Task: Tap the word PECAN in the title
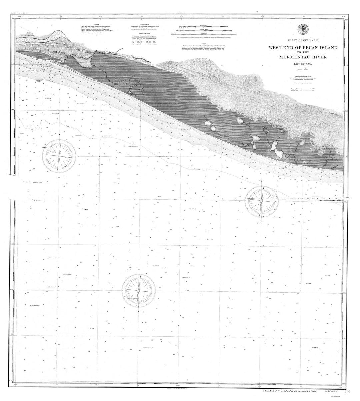(302, 48)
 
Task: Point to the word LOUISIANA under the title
(303, 65)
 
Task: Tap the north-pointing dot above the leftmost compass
(59, 135)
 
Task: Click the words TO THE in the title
(302, 52)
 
